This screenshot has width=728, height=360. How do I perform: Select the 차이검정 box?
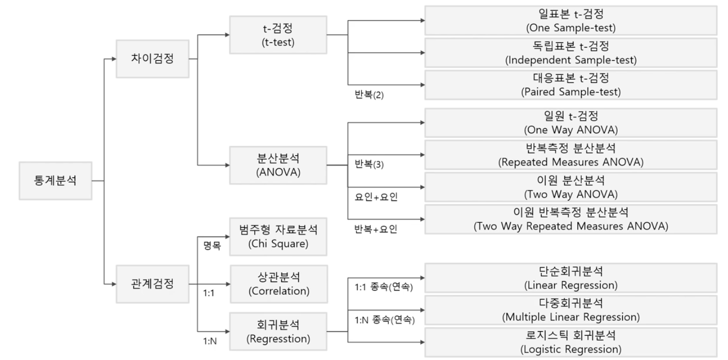pos(153,58)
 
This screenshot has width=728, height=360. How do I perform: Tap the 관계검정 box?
pos(153,283)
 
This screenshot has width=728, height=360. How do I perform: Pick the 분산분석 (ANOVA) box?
pos(278,166)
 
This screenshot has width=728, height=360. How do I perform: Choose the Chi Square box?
pos(278,236)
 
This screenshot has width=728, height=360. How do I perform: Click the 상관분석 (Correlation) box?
pos(278,284)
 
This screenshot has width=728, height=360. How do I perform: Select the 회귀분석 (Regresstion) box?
pos(278,331)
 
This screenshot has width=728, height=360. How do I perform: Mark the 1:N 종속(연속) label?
pos(385,320)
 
